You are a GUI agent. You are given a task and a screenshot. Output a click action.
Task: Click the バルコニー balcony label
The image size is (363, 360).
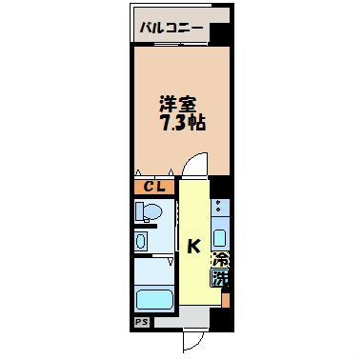[x=171, y=29]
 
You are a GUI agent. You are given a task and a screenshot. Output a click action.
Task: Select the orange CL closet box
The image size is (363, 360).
[x=152, y=187]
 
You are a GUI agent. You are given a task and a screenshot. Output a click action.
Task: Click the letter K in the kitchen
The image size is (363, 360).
[x=193, y=247]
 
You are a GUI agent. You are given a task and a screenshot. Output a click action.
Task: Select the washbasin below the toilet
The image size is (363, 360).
[x=142, y=242]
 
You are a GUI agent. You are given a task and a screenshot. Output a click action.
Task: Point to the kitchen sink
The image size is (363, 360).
[x=219, y=237]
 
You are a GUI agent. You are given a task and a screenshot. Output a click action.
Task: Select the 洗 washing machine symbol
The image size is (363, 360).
[x=220, y=280]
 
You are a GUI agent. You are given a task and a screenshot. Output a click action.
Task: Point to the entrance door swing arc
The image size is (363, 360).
[x=195, y=340]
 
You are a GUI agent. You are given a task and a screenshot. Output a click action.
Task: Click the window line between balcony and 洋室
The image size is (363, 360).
[x=171, y=46]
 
